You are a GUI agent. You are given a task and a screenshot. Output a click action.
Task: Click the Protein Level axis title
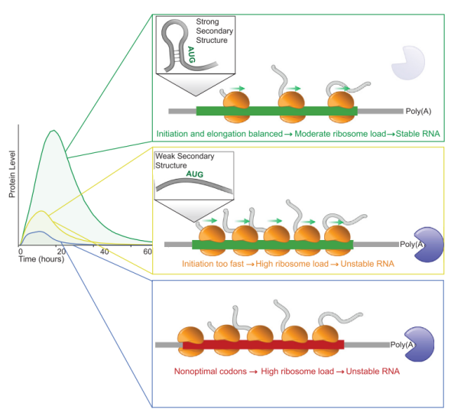click(x=11, y=174)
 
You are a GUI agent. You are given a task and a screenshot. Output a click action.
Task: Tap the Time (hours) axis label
click(x=41, y=259)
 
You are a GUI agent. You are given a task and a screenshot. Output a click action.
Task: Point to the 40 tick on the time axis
click(x=105, y=252)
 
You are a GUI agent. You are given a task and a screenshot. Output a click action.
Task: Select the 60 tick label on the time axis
click(x=148, y=252)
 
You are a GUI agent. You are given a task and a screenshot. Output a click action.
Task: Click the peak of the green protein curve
click(x=54, y=130)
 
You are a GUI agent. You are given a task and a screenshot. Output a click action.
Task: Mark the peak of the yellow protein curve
click(x=42, y=211)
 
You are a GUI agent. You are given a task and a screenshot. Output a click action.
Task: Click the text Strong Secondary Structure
click(x=214, y=31)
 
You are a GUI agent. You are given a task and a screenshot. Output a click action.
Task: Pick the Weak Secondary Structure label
click(x=185, y=161)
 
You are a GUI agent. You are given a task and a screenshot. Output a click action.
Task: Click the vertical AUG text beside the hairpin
click(x=191, y=54)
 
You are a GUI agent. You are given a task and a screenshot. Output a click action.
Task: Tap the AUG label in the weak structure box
click(x=194, y=174)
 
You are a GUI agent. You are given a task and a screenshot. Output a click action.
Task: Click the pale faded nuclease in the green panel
click(x=408, y=63)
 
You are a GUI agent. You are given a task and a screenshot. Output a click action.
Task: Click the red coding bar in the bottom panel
click(x=263, y=345)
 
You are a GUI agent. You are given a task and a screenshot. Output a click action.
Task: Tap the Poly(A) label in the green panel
click(x=418, y=111)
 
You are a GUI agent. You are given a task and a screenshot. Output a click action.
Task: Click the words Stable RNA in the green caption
click(x=417, y=134)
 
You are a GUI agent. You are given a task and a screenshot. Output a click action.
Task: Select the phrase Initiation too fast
click(x=213, y=264)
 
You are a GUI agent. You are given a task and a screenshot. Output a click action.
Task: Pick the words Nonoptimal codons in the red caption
click(x=210, y=372)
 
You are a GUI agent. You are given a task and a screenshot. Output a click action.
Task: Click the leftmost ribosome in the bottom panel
click(x=190, y=341)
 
